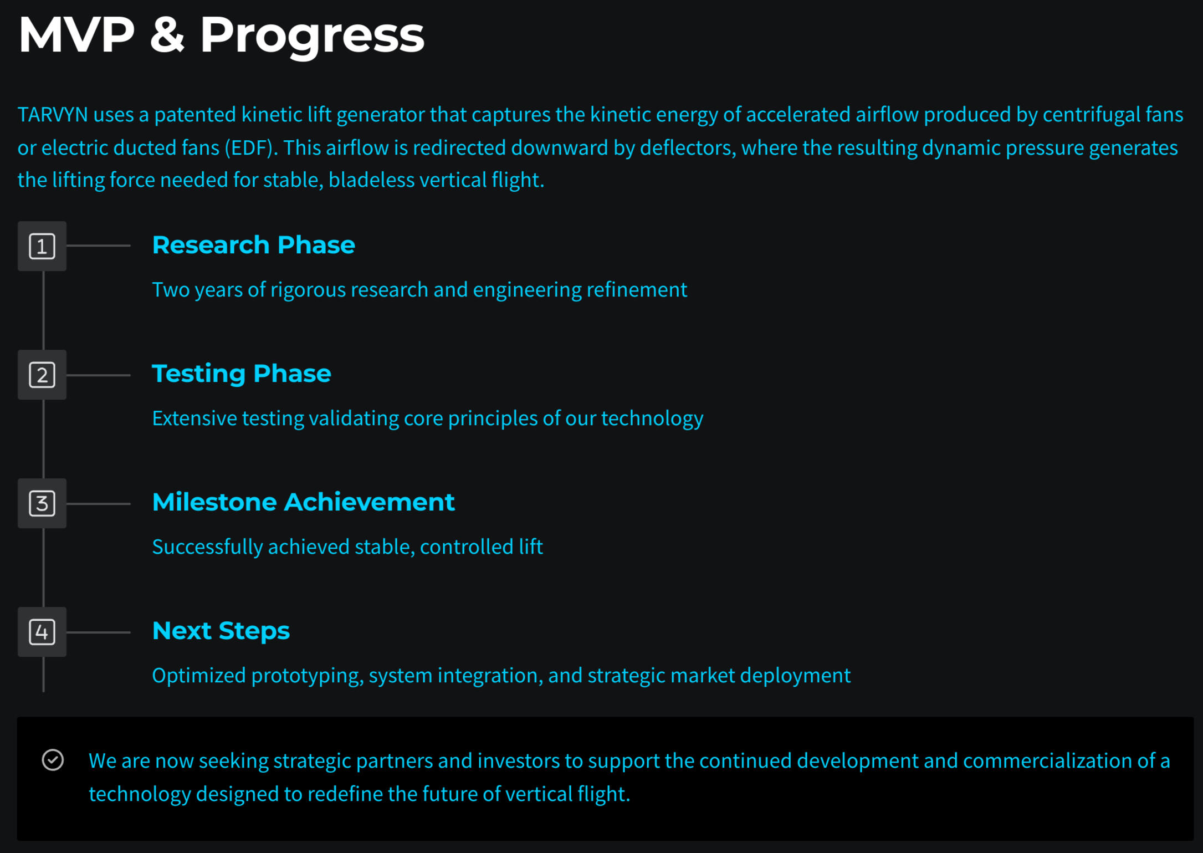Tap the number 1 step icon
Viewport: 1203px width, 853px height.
pyautogui.click(x=42, y=247)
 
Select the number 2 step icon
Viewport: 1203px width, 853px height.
pyautogui.click(x=42, y=375)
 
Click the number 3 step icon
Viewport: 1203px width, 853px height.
pyautogui.click(x=42, y=504)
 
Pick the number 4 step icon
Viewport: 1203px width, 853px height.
pyautogui.click(x=42, y=632)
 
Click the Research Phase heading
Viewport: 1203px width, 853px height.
pyautogui.click(x=253, y=245)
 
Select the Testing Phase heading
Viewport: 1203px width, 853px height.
pyautogui.click(x=242, y=374)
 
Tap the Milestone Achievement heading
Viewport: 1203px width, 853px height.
pyautogui.click(x=304, y=502)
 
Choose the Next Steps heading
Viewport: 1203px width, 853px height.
pyautogui.click(x=221, y=631)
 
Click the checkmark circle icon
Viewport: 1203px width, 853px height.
pyautogui.click(x=53, y=760)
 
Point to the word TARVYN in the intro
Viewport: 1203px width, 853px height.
pyautogui.click(x=53, y=115)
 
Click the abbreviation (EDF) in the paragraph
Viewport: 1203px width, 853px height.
pyautogui.click(x=250, y=148)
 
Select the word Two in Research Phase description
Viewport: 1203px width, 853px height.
pyautogui.click(x=171, y=290)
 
